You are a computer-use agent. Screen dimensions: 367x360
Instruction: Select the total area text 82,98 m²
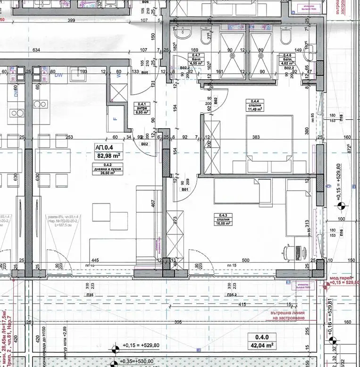click(x=108, y=155)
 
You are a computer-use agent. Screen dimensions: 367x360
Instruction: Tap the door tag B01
click(x=185, y=190)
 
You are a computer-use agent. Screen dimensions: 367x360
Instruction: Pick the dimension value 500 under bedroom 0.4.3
click(x=245, y=260)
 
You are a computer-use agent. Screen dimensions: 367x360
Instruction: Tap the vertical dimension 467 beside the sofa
click(x=153, y=203)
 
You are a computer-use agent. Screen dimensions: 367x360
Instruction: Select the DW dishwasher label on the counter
click(x=58, y=75)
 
